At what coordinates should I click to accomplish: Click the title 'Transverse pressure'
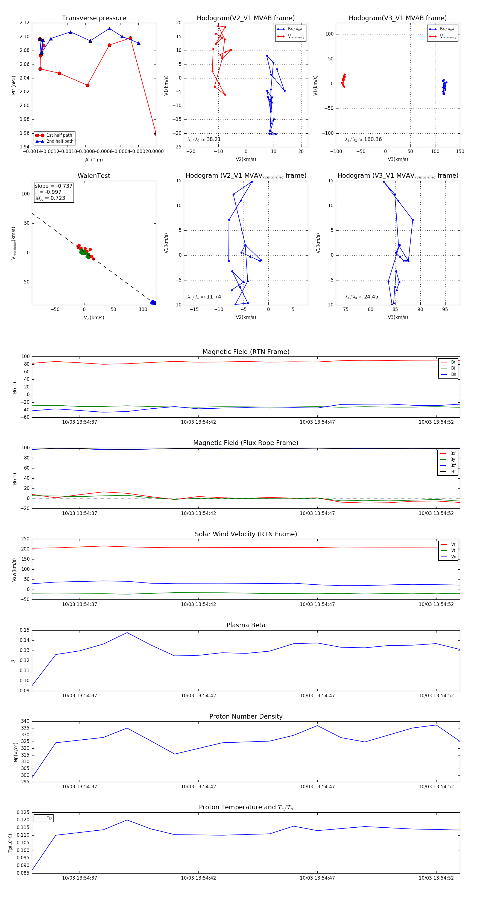point(94,18)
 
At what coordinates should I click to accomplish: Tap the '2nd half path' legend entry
point(60,142)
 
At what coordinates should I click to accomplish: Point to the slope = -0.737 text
point(54,186)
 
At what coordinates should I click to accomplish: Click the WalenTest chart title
point(94,176)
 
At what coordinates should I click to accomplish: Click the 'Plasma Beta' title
point(246,625)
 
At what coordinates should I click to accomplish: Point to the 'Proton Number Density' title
point(246,716)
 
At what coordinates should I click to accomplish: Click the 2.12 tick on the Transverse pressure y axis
point(25,23)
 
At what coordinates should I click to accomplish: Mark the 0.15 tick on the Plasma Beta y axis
point(25,630)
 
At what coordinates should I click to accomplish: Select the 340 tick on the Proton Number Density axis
point(25,721)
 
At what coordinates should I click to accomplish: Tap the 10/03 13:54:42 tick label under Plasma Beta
point(198,695)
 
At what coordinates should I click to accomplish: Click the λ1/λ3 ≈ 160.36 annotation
point(363,139)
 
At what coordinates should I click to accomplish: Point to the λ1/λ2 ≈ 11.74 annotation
point(204,297)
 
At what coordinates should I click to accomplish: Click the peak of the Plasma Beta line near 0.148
point(127,632)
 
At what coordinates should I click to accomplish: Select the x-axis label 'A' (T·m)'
point(94,160)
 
